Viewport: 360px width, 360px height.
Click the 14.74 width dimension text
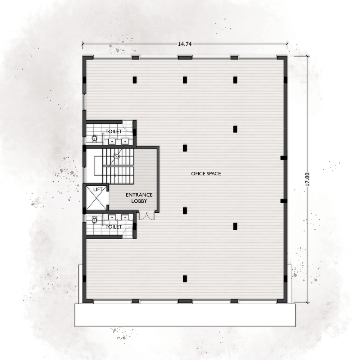(x=185, y=44)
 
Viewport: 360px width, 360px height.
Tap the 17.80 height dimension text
(x=307, y=179)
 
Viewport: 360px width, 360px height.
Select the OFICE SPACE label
(x=206, y=174)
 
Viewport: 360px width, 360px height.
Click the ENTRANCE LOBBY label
(x=139, y=198)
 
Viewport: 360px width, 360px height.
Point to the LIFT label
(x=98, y=190)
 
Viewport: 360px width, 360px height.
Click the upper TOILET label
(x=114, y=131)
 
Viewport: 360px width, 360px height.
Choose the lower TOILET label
(x=114, y=227)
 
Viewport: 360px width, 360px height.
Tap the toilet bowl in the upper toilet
(x=94, y=139)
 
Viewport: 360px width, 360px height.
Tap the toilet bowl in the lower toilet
(x=94, y=220)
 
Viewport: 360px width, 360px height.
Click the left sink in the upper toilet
(x=112, y=141)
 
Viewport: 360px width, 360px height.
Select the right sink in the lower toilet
(x=125, y=217)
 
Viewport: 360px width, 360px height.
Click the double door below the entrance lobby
(x=147, y=216)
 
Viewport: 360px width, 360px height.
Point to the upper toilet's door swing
(x=127, y=126)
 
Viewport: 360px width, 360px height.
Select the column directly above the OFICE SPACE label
(x=185, y=148)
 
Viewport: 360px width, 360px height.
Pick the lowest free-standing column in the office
(x=185, y=279)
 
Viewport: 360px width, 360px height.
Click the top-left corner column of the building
(x=88, y=57)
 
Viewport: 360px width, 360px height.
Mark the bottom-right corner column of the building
(x=282, y=301)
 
